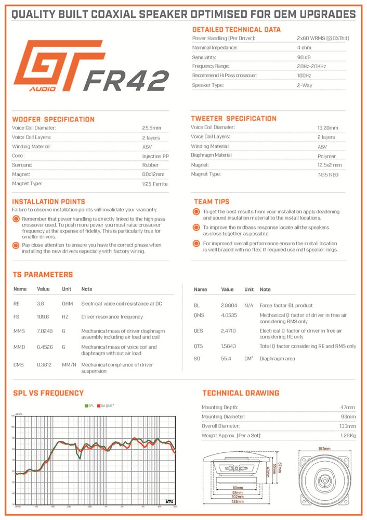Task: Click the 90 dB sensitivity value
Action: (304, 57)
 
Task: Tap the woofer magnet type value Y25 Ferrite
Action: (155, 184)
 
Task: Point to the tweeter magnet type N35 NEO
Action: (328, 174)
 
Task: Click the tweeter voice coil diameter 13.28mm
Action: (327, 128)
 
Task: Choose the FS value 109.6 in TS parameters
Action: (43, 316)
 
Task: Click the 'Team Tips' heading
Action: (211, 201)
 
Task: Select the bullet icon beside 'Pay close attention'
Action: (17, 245)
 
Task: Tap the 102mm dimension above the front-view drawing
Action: (325, 448)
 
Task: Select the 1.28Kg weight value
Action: (348, 435)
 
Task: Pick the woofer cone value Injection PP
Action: (155, 156)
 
